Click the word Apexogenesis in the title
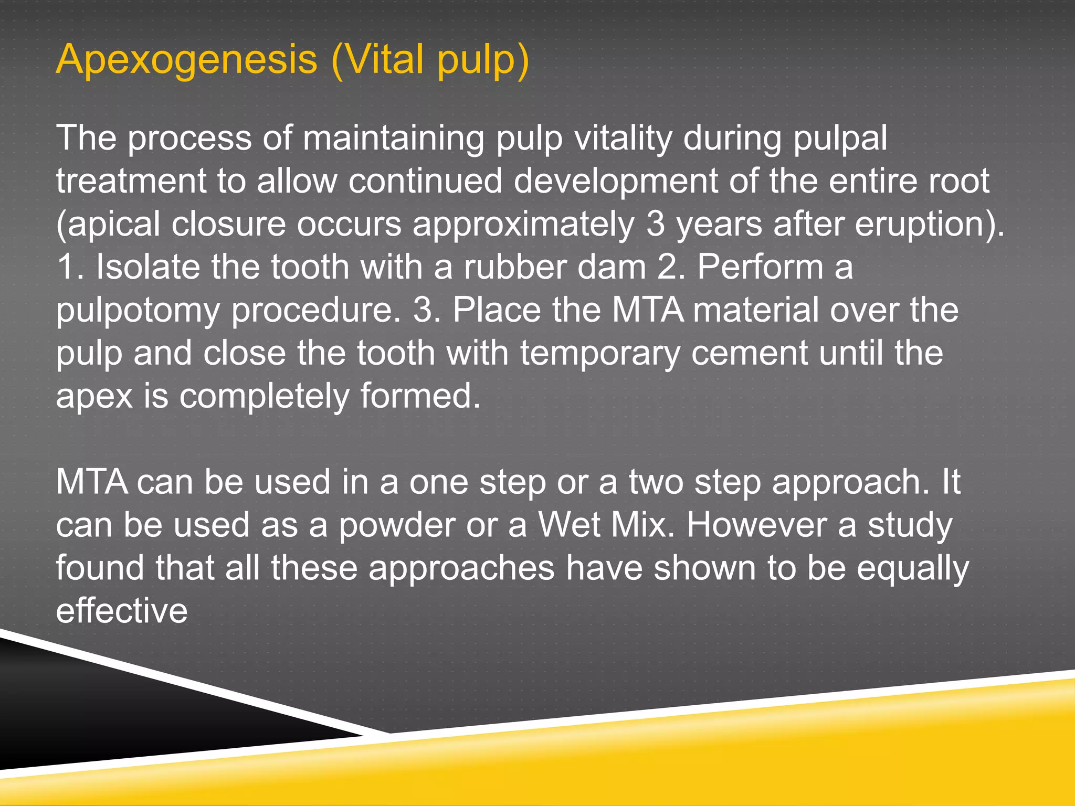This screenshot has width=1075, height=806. coord(186,59)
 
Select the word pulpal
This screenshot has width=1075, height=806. coord(840,139)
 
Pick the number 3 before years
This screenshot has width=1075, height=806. coord(656,224)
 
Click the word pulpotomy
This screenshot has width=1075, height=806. coord(138,311)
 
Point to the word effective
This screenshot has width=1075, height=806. coord(122,611)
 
